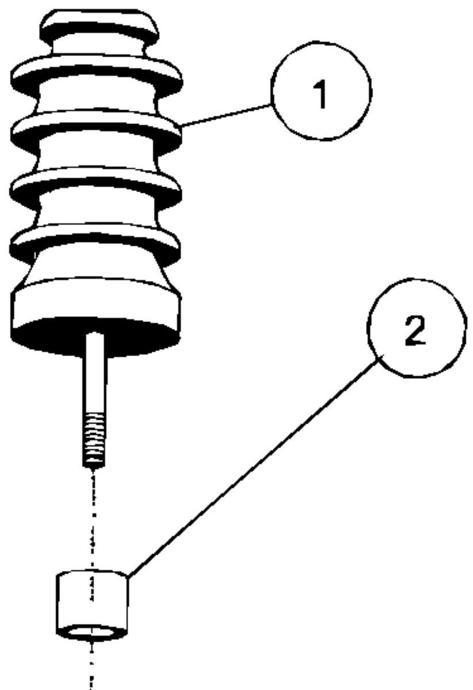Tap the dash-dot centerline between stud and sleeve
click(93, 517)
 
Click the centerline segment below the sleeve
click(91, 667)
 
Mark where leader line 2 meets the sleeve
click(128, 575)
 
